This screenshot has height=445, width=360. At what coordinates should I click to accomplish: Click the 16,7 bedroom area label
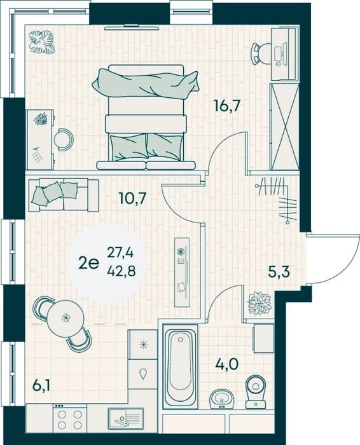tap(228, 107)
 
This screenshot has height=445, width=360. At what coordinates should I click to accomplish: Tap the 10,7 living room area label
tap(132, 198)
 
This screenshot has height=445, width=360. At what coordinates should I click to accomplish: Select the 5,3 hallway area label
tap(279, 272)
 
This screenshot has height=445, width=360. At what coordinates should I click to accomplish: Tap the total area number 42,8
tap(121, 271)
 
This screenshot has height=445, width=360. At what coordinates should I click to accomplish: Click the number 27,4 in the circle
tap(120, 252)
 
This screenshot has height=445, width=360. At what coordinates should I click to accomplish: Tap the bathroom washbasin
tap(221, 399)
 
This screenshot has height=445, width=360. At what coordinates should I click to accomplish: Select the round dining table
tap(66, 317)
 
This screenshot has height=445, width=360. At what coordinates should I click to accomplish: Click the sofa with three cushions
tap(64, 195)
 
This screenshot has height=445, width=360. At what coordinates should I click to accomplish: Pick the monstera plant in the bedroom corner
tap(43, 42)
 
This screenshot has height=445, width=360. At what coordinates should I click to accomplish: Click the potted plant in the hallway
tap(260, 303)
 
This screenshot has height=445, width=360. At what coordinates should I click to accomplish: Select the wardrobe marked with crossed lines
tap(285, 127)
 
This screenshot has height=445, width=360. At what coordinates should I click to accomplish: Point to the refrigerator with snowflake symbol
tap(142, 345)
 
